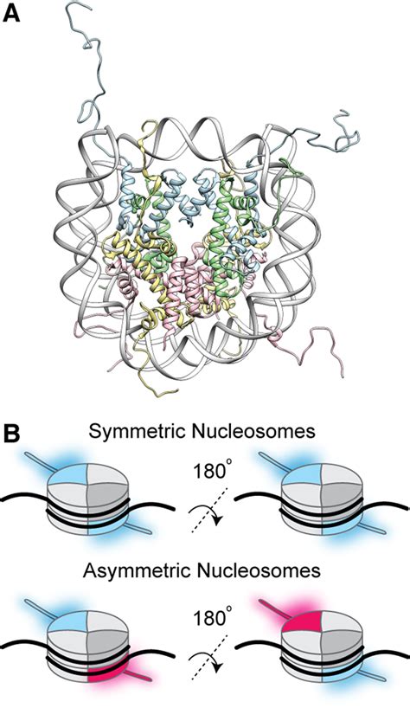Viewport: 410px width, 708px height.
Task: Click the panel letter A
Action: click(x=15, y=15)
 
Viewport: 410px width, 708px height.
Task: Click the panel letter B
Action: click(x=15, y=430)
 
